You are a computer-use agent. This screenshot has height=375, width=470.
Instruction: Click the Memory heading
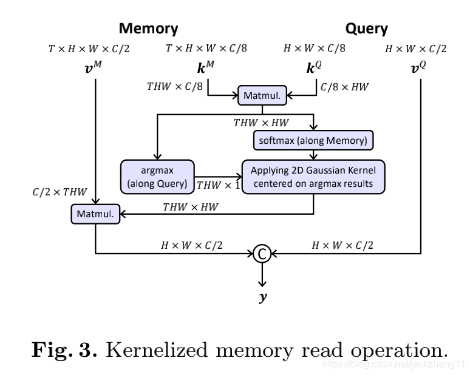coord(148,28)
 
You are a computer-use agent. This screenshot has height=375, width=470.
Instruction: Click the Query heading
coord(366,28)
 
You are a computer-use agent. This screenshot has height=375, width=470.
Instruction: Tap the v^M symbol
coord(97,66)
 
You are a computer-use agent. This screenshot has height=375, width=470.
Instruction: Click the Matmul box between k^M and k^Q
coord(262,95)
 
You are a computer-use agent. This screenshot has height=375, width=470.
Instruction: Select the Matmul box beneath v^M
coord(95,213)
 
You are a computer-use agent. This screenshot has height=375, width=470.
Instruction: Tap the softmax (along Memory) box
coord(313,141)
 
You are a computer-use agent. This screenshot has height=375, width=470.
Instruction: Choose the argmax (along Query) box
coord(157,177)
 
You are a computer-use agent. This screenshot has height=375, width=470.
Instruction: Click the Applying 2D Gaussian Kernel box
coord(313,177)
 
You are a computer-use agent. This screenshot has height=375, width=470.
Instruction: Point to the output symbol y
coord(262,297)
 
